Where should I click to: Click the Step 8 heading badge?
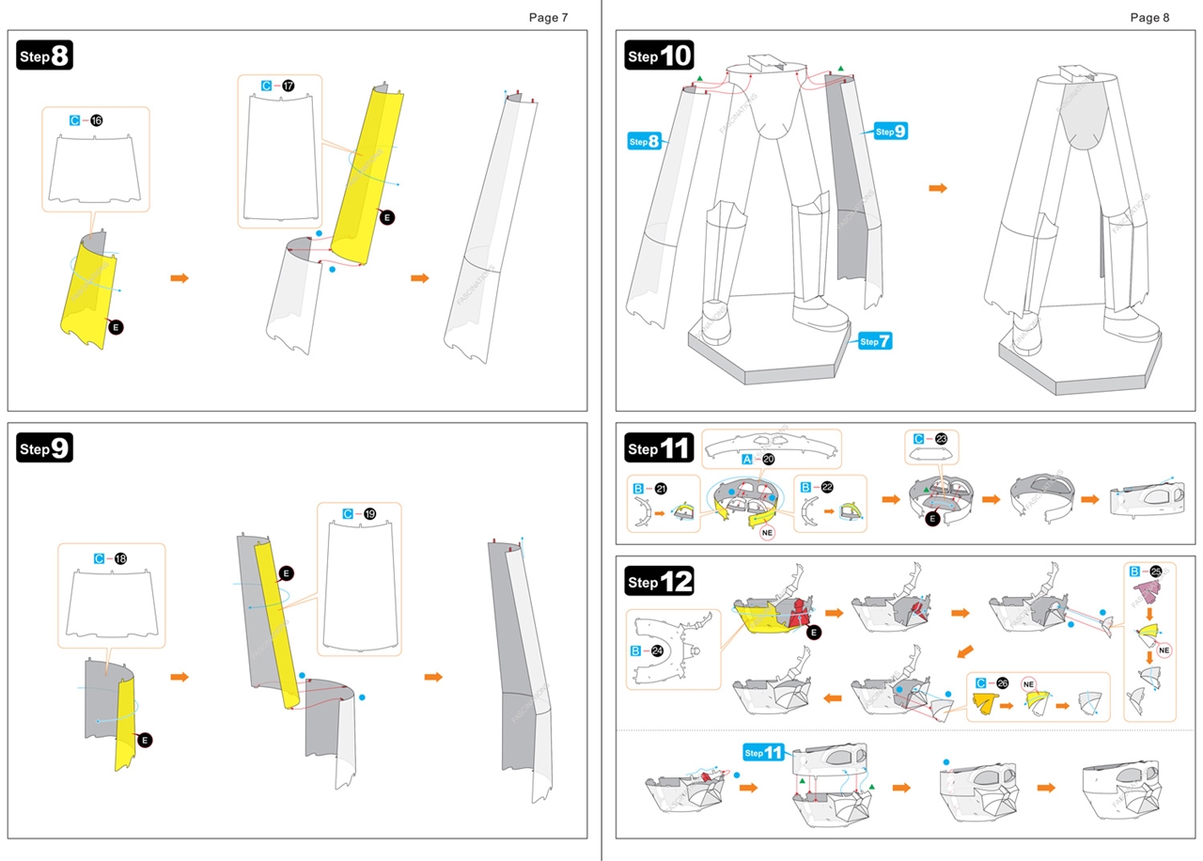pyautogui.click(x=45, y=55)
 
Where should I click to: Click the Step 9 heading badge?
pyautogui.click(x=45, y=448)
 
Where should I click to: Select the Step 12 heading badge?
pyautogui.click(x=659, y=581)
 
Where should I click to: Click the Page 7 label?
pyautogui.click(x=548, y=17)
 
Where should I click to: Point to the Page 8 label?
pyautogui.click(x=1149, y=17)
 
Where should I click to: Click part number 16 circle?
pyautogui.click(x=97, y=120)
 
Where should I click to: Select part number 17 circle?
pyautogui.click(x=288, y=86)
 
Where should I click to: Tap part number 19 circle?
pyautogui.click(x=369, y=513)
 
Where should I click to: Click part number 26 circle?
pyautogui.click(x=1003, y=682)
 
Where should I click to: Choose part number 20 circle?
pyautogui.click(x=769, y=459)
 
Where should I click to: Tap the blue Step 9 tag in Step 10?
pyautogui.click(x=890, y=132)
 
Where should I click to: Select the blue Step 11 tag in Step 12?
pyautogui.click(x=763, y=752)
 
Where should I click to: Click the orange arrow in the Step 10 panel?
pyautogui.click(x=938, y=189)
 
